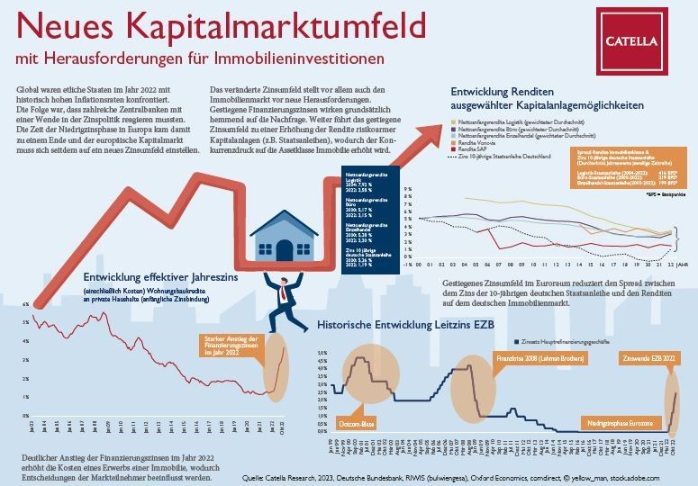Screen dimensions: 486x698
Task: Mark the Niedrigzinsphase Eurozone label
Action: tap(619, 421)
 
